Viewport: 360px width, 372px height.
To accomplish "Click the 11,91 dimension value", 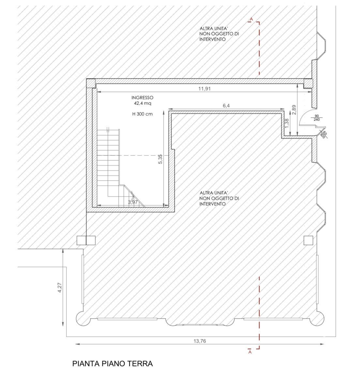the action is click(x=204, y=89).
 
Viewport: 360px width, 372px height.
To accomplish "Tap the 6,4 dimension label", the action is click(x=226, y=106).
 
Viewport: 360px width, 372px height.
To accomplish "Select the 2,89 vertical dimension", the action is click(x=294, y=110).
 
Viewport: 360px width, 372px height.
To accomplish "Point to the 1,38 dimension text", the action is click(x=287, y=123).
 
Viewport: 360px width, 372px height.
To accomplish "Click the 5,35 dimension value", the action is click(x=160, y=159).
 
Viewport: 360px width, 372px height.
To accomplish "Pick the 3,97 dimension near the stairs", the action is click(x=133, y=202).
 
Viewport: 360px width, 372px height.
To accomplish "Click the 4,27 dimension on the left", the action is click(x=60, y=287).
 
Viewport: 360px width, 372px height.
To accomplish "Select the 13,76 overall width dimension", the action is click(x=200, y=341).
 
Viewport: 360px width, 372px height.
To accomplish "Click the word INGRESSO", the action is click(x=142, y=97).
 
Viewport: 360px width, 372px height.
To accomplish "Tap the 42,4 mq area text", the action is click(x=142, y=103).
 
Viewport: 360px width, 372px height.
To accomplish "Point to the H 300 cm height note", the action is click(x=142, y=114).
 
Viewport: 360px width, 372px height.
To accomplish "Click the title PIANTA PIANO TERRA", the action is click(x=112, y=364).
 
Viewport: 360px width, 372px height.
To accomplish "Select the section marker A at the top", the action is click(x=251, y=19).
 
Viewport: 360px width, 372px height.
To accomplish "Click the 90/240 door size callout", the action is click(x=317, y=118).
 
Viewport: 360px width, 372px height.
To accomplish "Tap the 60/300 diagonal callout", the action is click(x=323, y=135).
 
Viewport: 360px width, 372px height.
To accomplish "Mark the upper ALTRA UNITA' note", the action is click(x=219, y=34).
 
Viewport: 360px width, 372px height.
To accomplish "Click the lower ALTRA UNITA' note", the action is click(x=219, y=198).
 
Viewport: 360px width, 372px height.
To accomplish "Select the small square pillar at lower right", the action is click(x=308, y=240).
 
